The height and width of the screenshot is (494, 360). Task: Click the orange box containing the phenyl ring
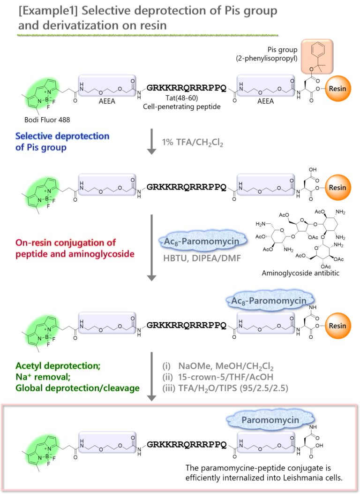point(317,56)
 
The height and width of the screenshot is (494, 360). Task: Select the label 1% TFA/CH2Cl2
point(193,143)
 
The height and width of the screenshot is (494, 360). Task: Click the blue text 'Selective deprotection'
point(62,137)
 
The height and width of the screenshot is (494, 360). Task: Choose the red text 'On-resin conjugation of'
point(66,243)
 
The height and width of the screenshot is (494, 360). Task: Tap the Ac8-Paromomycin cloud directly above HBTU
point(202,241)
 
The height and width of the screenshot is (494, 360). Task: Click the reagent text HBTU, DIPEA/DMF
point(202,258)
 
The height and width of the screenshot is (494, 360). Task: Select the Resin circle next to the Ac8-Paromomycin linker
point(337,326)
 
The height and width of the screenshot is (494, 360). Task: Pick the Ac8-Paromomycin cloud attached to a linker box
point(265,300)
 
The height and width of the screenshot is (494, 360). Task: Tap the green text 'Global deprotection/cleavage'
point(77,388)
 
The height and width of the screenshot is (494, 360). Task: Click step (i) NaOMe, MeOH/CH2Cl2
point(217,366)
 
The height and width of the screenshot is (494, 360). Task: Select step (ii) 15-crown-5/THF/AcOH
point(217,377)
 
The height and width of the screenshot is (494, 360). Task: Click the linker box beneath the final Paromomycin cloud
point(265,442)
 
